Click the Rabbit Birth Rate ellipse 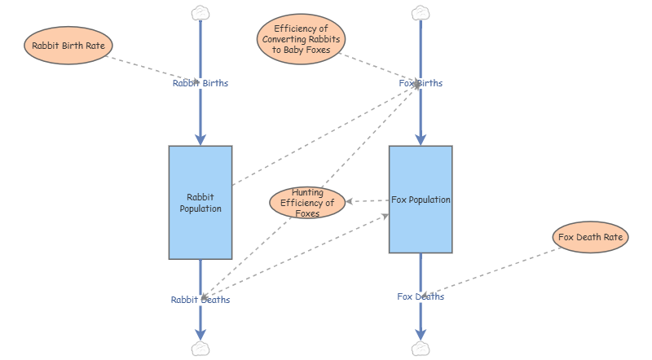point(68,45)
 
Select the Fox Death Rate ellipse point(590,238)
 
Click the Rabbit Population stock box point(200,202)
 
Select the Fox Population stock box point(421,200)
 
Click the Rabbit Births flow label point(200,83)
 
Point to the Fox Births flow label point(421,83)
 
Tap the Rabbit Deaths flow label point(200,300)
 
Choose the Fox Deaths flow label point(421,296)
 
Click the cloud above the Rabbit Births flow point(200,12)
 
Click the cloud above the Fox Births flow point(421,12)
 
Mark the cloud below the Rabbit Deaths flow point(200,349)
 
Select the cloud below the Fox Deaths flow point(421,349)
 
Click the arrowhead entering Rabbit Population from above point(200,139)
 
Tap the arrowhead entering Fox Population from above point(421,139)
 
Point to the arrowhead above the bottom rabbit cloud point(200,333)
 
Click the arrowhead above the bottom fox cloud point(421,333)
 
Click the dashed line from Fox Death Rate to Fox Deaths point(497,270)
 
